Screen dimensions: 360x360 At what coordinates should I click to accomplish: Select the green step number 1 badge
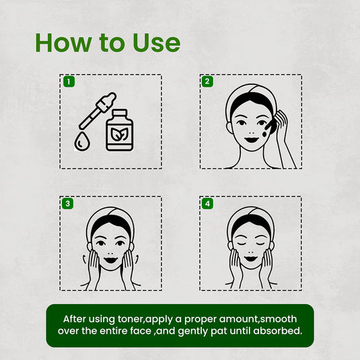67,81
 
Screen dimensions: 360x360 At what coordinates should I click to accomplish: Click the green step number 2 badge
207,81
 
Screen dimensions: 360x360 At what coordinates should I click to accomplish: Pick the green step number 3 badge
67,203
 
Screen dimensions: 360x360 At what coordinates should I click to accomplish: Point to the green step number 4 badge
207,203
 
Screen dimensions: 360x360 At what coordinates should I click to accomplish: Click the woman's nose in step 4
250,248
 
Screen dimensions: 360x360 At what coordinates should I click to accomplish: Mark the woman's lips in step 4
250,257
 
